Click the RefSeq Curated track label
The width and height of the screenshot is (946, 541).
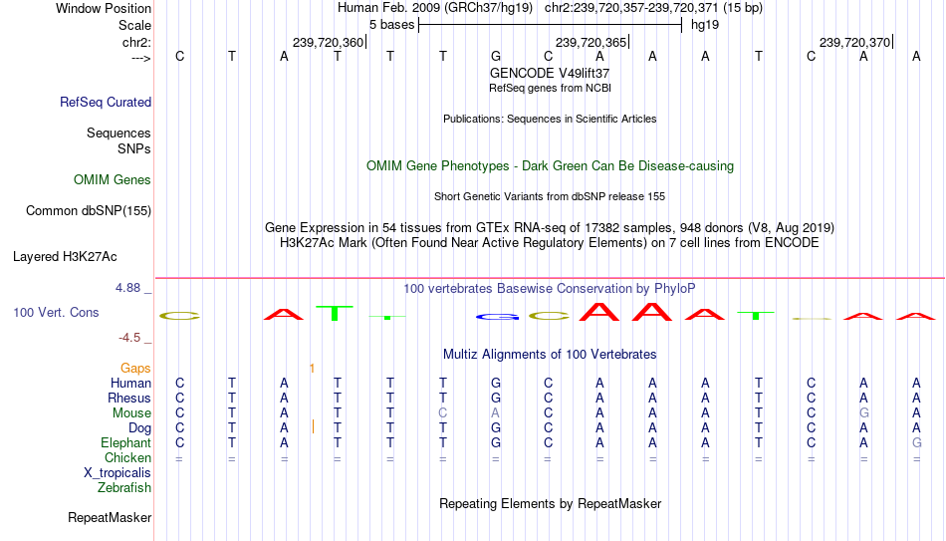coord(105,102)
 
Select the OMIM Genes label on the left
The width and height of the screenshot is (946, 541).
coord(113,180)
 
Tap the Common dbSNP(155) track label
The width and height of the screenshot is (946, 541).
coord(89,211)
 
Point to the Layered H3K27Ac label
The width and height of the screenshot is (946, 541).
coord(65,257)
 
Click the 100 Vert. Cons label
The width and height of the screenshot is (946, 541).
coord(56,312)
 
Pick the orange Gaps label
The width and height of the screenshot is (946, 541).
coord(135,369)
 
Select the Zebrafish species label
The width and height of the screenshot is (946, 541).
coord(124,487)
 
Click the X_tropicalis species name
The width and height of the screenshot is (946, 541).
coord(118,473)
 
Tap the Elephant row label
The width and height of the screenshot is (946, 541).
coord(125,442)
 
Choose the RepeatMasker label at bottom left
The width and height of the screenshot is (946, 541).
coord(110,517)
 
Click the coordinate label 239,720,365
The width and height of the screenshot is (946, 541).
coord(591,42)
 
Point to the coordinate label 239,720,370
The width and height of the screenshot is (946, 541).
coord(854,42)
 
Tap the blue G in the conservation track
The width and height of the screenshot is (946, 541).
coord(497,317)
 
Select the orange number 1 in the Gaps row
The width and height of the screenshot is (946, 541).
coord(312,369)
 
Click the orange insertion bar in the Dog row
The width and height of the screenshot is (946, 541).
coord(313,426)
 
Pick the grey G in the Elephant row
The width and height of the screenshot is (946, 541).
coord(916,442)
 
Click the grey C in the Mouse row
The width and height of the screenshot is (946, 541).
coord(443,413)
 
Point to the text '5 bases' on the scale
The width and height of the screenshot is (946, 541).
coord(391,25)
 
